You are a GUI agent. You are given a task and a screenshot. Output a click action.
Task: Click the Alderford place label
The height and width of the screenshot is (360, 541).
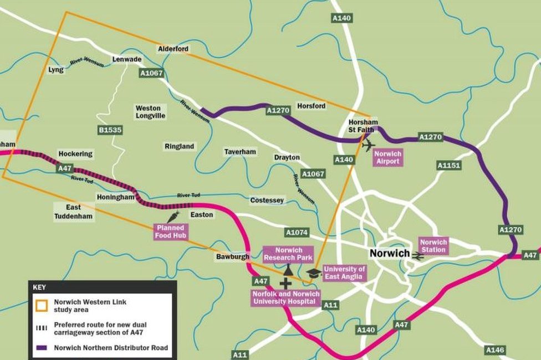point(173,49)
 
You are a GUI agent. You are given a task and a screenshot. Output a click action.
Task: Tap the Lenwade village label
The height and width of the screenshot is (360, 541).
point(127,59)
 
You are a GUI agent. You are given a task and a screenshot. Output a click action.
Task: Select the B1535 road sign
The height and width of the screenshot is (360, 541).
point(110,130)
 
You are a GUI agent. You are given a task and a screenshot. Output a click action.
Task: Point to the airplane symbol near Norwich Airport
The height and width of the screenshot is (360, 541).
point(368,145)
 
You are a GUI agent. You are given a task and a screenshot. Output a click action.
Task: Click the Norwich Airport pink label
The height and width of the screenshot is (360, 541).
point(387,157)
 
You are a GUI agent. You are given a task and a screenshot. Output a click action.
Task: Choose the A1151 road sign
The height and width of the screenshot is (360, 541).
point(449,165)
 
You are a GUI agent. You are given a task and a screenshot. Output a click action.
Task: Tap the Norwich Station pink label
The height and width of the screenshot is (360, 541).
point(433,246)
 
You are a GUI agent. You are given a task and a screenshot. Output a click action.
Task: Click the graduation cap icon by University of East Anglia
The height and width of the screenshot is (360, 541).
point(313,273)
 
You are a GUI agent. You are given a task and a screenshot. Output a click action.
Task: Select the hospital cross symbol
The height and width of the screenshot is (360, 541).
point(285,284)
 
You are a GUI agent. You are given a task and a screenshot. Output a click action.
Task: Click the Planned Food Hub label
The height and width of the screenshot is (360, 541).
point(171,232)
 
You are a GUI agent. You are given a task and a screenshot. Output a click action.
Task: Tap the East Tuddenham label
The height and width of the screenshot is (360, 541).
point(74,211)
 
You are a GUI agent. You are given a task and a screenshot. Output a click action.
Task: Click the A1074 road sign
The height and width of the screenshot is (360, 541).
point(298,232)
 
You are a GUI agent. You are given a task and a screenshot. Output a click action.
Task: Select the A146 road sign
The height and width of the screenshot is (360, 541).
point(495,350)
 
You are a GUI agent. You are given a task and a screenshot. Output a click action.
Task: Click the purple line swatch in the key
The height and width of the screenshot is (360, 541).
point(42,348)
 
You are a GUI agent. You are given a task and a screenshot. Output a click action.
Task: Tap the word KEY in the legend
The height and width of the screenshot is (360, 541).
point(40,288)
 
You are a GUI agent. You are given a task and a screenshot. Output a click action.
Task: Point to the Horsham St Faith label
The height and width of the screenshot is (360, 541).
point(363,126)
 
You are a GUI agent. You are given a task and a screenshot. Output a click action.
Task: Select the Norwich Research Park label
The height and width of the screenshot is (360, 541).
point(288,254)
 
